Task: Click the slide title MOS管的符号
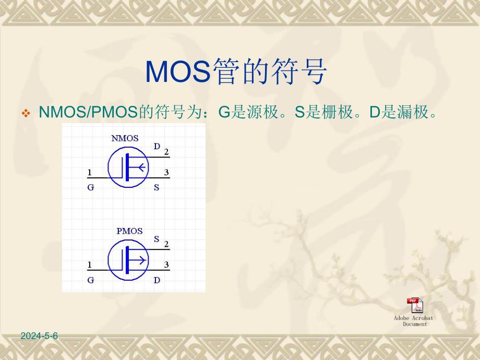coord(236,71)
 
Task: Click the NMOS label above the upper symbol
coord(125,138)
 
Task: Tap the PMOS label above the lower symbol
coord(129,231)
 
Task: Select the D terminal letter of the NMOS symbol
coord(157,147)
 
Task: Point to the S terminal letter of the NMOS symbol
coord(157,187)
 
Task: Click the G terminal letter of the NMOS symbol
coord(91,187)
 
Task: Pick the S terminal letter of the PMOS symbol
coord(157,239)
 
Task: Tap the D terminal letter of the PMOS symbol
coord(157,280)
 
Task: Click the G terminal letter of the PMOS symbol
coord(91,280)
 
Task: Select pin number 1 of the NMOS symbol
coord(90,172)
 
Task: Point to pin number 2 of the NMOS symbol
coord(166,152)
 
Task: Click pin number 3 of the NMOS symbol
coord(166,172)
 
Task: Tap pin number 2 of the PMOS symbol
coord(166,244)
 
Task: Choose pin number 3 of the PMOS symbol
coord(166,265)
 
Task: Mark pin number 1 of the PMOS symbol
coord(90,265)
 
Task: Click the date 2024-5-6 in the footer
coord(39,337)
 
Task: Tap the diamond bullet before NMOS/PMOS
coord(26,113)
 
